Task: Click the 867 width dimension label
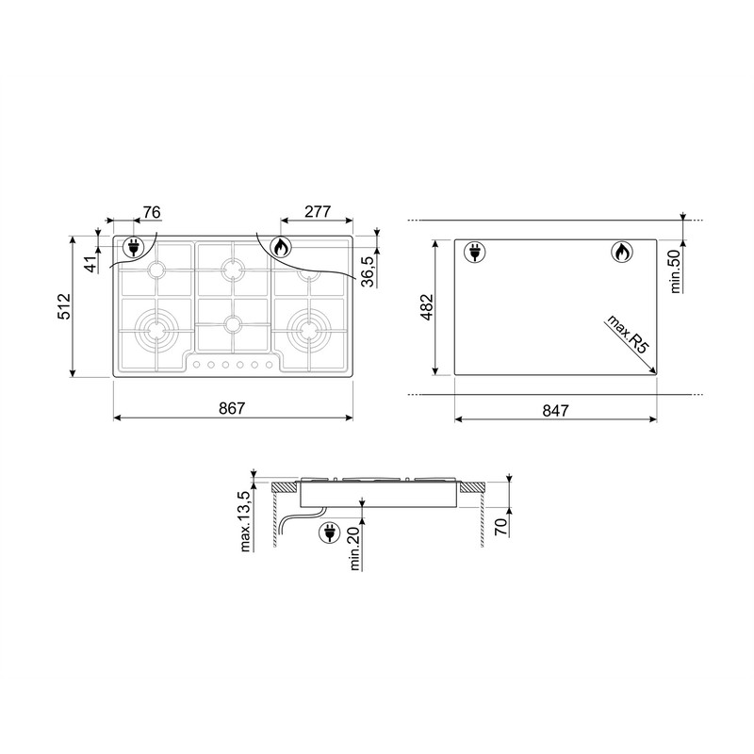point(232,408)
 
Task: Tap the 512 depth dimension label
point(64,306)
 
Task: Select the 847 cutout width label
point(555,411)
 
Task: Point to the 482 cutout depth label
point(427,307)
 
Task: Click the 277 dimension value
point(318,211)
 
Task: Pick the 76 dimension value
point(152,212)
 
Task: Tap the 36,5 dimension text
point(368,271)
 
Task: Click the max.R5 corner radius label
point(628,335)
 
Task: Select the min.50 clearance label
point(675,271)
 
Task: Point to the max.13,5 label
point(245,521)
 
